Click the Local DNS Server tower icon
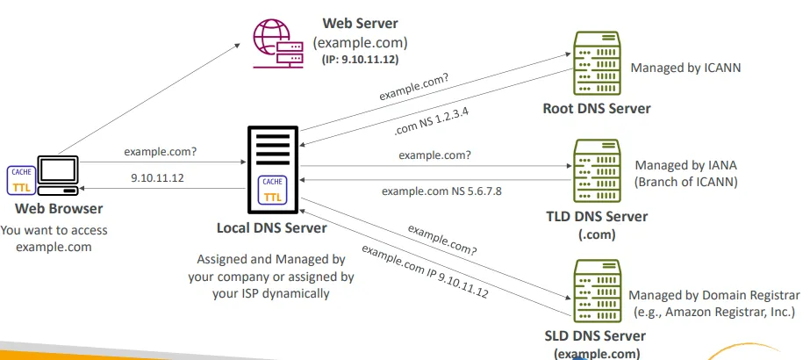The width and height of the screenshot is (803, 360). click(273, 170)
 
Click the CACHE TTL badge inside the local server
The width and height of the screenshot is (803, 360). click(273, 191)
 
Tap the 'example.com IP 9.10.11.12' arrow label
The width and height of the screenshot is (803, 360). click(425, 274)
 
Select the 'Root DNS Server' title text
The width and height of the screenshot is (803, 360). click(597, 109)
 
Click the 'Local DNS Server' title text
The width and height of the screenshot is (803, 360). click(271, 228)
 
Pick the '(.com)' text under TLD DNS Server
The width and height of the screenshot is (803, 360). click(596, 234)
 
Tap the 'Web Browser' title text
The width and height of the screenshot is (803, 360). click(58, 209)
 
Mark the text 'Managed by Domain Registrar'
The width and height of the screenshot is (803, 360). click(714, 295)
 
